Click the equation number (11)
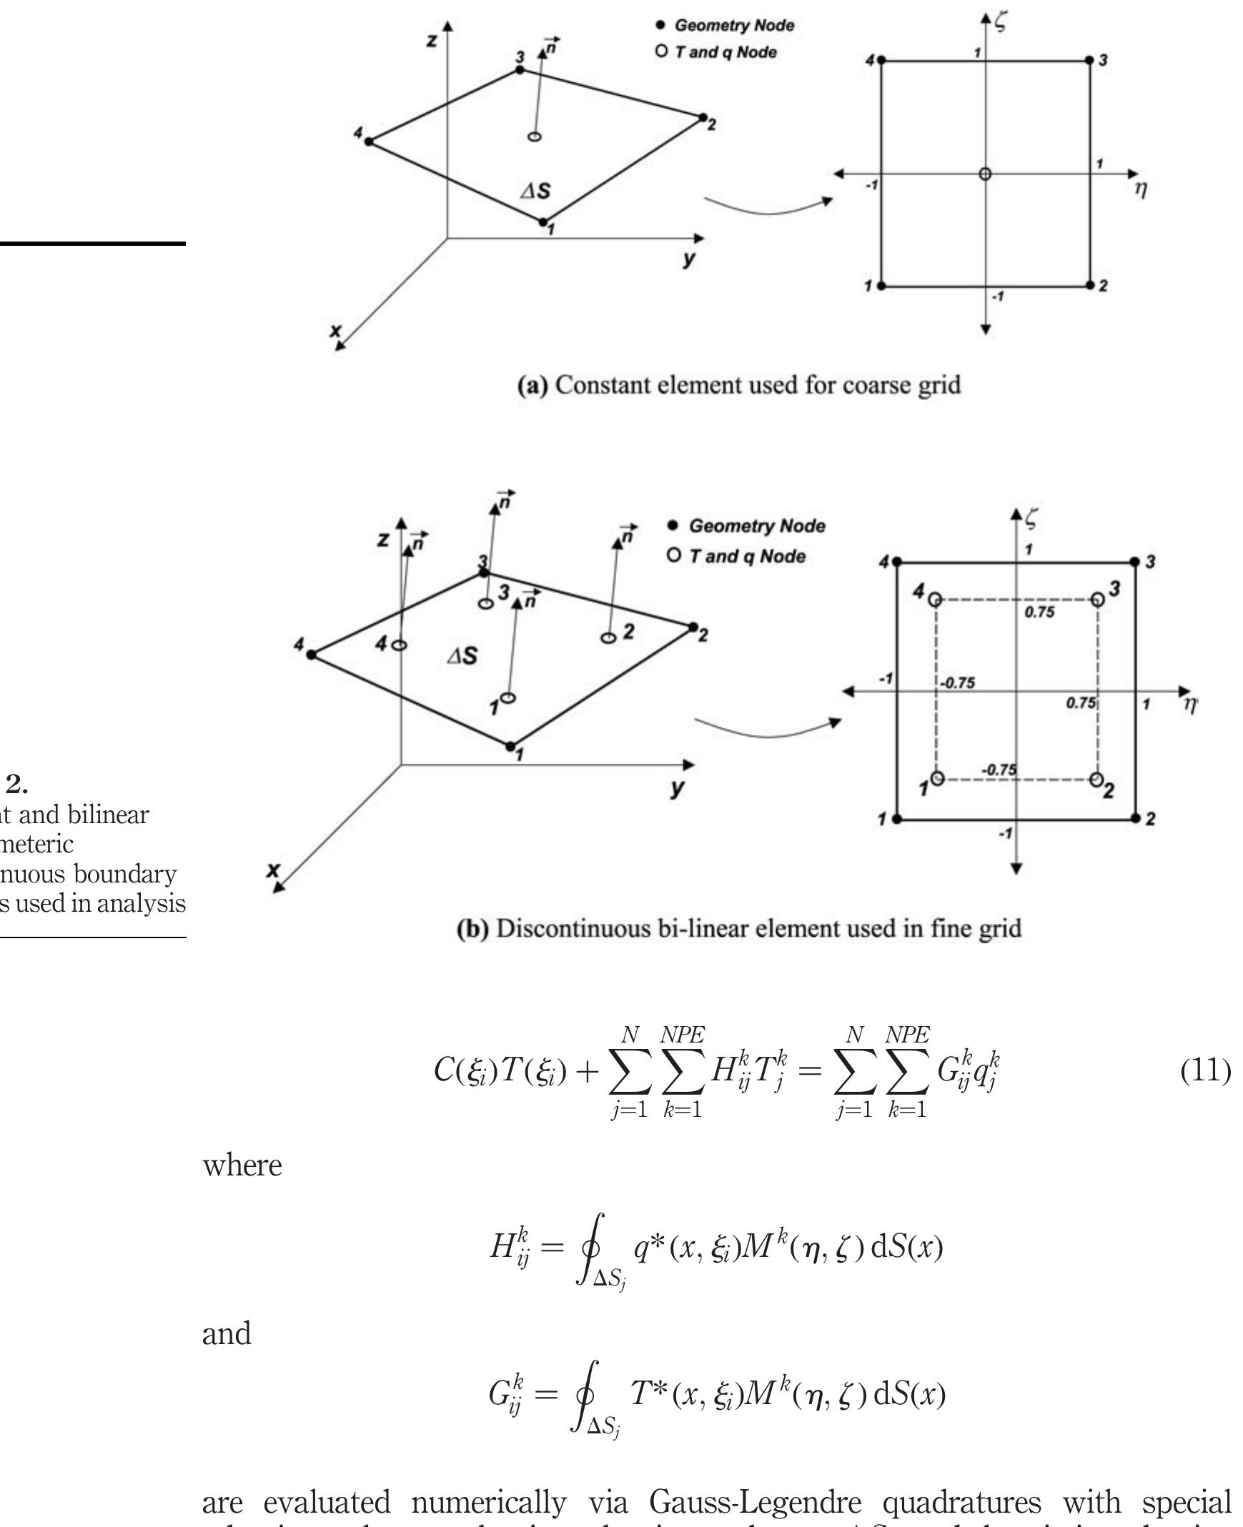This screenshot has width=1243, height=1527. [1205, 1071]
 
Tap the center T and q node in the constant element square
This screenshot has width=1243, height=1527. [985, 174]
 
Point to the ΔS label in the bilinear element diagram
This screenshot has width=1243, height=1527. [462, 656]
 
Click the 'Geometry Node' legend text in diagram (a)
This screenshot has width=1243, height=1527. [734, 26]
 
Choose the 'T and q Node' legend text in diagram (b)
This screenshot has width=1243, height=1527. [747, 556]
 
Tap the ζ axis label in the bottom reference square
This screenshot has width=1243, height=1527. [1030, 517]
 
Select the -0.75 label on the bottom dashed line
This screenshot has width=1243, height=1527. [998, 770]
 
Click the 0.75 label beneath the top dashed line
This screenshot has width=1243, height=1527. [1039, 612]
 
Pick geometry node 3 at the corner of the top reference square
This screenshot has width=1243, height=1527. [1090, 61]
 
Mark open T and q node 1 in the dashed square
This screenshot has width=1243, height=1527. [937, 778]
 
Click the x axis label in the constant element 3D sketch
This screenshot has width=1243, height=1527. [335, 331]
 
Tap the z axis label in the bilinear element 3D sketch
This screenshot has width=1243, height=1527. [384, 539]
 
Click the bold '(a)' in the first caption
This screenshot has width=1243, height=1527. [532, 386]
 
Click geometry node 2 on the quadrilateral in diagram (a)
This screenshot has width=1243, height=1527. [703, 117]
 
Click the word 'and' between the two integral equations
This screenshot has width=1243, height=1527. [227, 1334]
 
